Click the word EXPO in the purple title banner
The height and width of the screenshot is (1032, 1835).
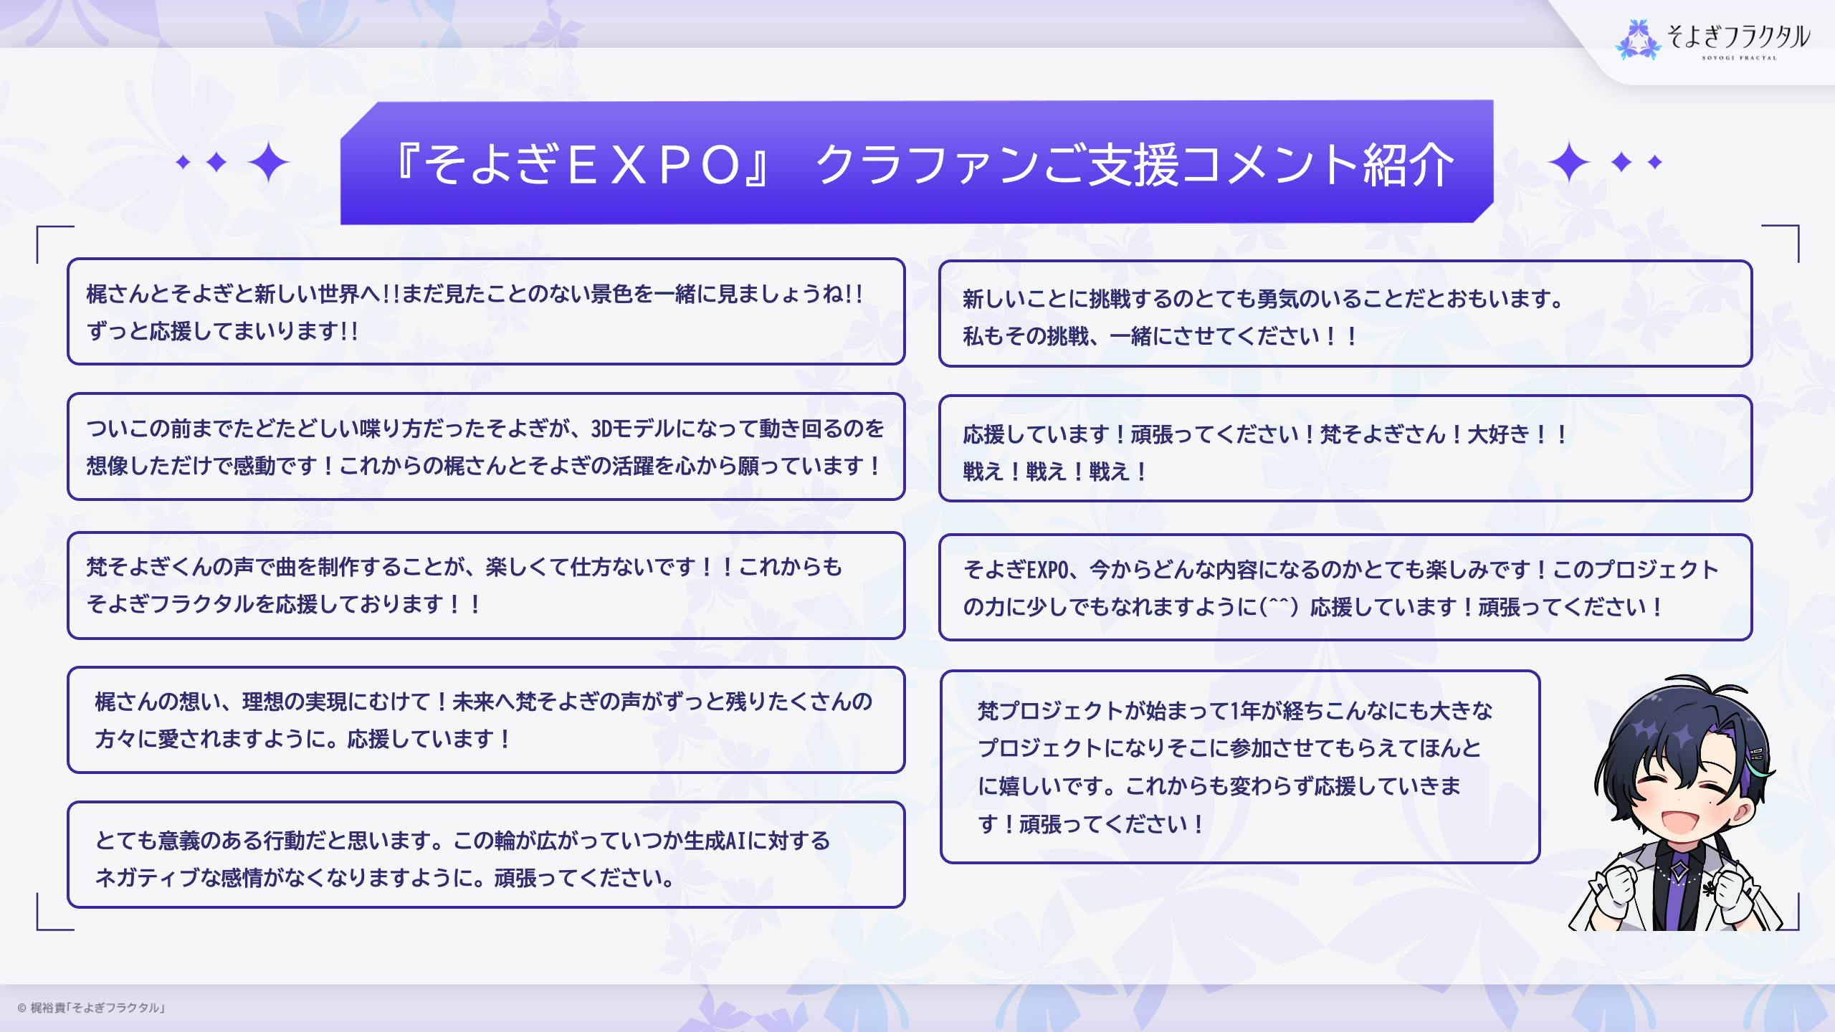click(x=654, y=165)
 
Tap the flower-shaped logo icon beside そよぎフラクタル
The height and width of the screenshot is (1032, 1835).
click(x=1638, y=39)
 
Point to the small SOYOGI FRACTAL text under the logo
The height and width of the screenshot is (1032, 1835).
click(x=1739, y=58)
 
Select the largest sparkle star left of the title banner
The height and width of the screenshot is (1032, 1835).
click(x=268, y=163)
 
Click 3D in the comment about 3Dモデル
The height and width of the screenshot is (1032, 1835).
click(x=601, y=429)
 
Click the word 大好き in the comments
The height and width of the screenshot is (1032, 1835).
click(x=1498, y=434)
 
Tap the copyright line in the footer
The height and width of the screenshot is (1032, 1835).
click(x=91, y=1008)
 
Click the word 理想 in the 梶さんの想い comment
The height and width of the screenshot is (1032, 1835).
click(x=263, y=701)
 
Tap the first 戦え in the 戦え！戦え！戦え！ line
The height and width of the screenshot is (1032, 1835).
click(x=983, y=472)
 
